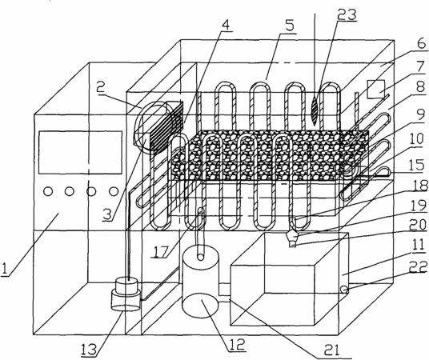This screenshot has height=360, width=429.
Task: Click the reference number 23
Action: click(347, 15)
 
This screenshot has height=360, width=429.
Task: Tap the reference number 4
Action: click(225, 25)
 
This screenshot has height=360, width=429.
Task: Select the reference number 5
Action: click(290, 26)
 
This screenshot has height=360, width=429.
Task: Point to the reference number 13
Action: click(89, 350)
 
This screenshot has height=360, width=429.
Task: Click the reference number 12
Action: click(236, 345)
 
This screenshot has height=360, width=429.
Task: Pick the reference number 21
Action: click(331, 350)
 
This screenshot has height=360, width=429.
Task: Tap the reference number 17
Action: click(161, 252)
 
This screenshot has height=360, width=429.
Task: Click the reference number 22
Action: click(418, 266)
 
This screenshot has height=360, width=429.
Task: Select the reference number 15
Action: click(416, 166)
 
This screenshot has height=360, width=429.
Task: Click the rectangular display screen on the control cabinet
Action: click(80, 152)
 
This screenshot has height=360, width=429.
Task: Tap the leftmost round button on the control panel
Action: click(47, 191)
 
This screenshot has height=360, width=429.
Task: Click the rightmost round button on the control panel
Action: click(114, 191)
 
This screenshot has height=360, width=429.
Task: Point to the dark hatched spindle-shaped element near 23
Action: click(315, 109)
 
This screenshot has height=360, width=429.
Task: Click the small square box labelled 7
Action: click(377, 89)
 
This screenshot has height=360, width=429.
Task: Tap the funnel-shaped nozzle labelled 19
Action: click(293, 235)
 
